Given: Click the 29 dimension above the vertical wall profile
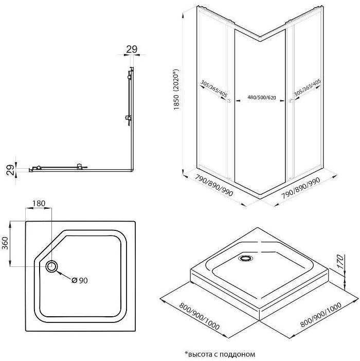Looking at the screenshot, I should [x=132, y=49].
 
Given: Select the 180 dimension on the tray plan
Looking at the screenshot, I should [x=38, y=204].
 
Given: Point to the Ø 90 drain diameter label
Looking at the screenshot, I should [x=79, y=280].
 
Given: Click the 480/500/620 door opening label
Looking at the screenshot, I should [x=261, y=97].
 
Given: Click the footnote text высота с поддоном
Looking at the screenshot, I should [x=220, y=354].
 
